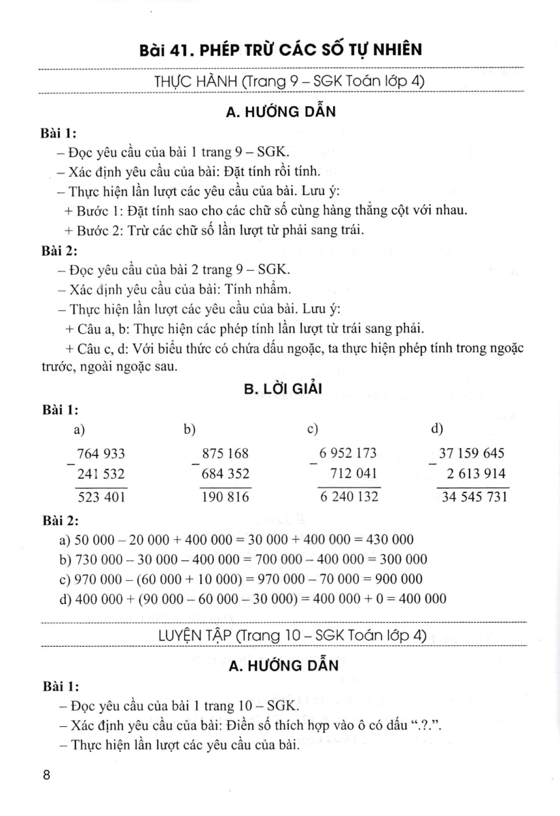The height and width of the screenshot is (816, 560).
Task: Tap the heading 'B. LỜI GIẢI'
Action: (281, 389)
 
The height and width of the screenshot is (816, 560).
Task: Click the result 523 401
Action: (101, 497)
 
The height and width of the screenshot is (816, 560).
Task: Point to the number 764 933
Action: (101, 454)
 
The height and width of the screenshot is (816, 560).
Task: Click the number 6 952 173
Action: (349, 454)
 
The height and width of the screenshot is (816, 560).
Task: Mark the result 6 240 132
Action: (349, 497)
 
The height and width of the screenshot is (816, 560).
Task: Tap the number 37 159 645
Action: (472, 454)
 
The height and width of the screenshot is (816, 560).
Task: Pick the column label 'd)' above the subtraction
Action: (437, 429)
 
